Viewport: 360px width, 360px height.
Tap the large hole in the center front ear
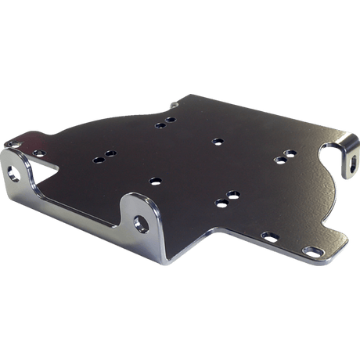click(x=141, y=221)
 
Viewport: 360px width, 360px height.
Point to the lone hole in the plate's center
click(x=216, y=142)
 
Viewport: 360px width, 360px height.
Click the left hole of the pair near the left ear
click(x=99, y=160)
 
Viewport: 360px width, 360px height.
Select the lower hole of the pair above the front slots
click(x=221, y=202)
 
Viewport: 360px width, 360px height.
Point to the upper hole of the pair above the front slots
click(x=232, y=193)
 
